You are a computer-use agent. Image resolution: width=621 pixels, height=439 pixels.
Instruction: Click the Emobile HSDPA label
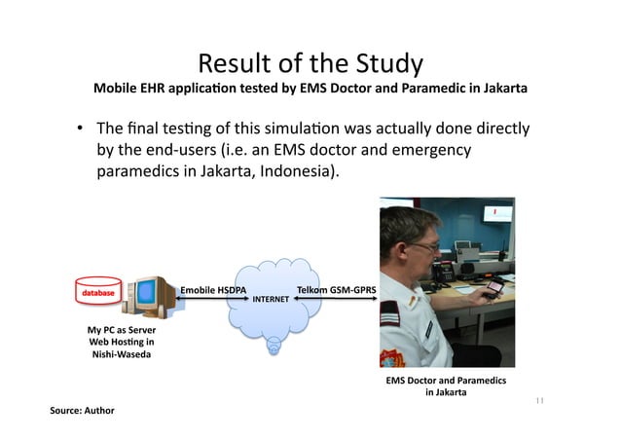(x=214, y=290)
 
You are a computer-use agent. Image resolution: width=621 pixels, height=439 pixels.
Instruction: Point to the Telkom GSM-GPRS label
(x=338, y=290)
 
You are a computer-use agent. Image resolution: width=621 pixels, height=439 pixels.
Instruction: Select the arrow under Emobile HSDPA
(x=213, y=301)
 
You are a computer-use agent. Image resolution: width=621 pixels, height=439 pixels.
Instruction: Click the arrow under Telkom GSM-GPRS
(x=341, y=301)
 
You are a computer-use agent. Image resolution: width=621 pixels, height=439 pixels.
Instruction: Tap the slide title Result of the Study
(x=310, y=64)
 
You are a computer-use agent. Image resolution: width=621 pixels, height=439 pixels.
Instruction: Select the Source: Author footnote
(x=82, y=410)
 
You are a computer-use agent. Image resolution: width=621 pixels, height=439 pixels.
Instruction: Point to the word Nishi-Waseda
(x=122, y=354)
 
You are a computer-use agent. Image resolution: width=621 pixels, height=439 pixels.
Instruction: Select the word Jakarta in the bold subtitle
(x=504, y=89)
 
